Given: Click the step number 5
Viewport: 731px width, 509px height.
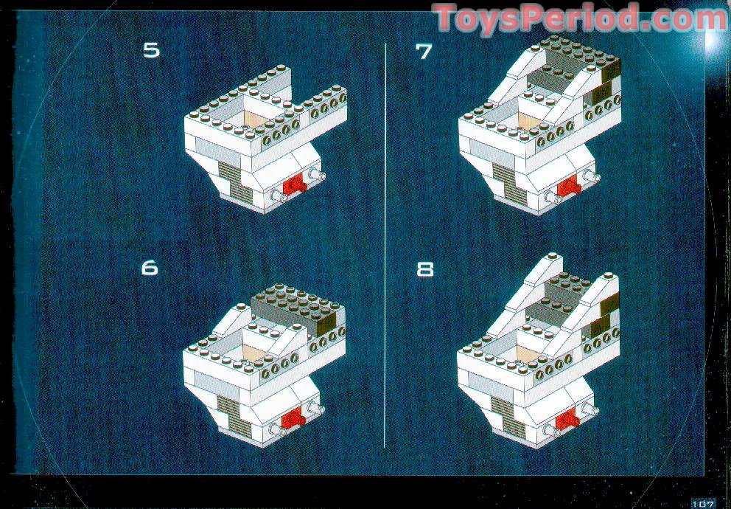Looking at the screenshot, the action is pos(151,50).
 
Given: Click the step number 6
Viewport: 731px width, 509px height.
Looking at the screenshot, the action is pos(150,267).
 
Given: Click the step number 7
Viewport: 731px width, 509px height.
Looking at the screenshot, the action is pos(423,51).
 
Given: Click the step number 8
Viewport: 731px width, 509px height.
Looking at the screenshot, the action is pos(425,269).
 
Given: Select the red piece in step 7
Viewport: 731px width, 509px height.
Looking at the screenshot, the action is pos(569,185).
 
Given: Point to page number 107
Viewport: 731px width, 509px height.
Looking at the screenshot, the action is pos(702,504).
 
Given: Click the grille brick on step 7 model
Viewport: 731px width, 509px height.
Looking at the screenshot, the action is pos(509,183).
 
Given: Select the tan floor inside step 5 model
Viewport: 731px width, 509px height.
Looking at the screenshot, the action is pos(256,118).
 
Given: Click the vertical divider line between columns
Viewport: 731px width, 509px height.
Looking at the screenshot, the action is pos(385,246).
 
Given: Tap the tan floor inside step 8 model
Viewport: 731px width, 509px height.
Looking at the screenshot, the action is pos(528,353).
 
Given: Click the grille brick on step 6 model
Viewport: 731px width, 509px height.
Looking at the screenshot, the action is pos(234,416).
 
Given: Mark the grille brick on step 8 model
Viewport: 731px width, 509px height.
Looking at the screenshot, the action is pos(508,417).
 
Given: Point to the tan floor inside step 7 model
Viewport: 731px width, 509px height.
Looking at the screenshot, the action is pos(530,120).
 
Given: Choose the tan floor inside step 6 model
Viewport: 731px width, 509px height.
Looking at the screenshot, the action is pos(254,352).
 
